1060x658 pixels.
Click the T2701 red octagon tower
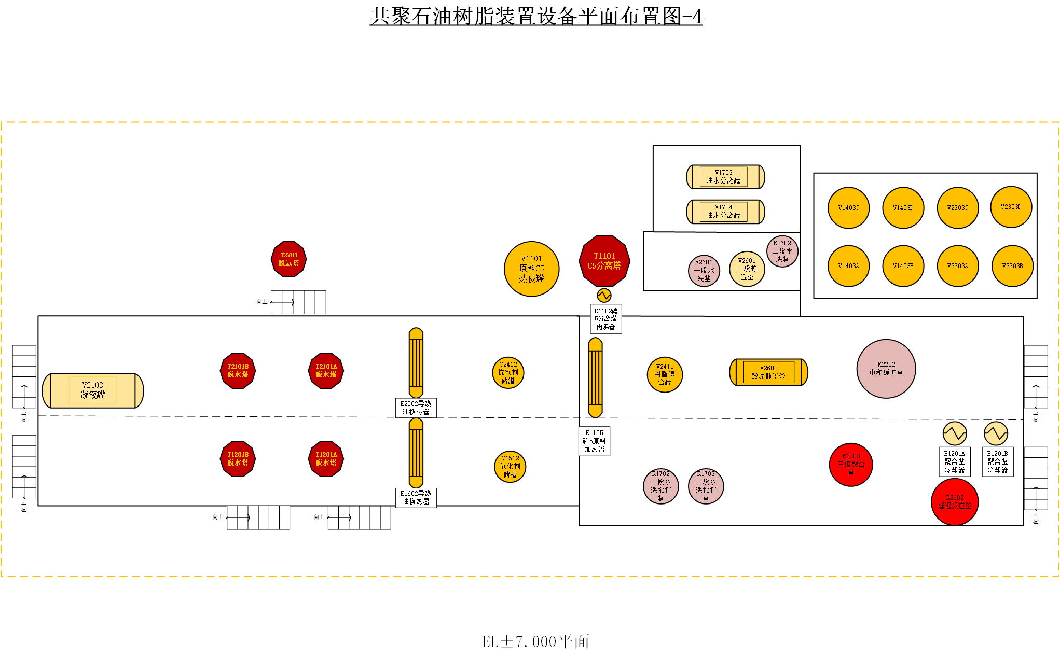pos(289,259)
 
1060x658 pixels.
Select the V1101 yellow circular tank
pos(531,269)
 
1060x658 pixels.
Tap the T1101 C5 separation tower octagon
pos(604,261)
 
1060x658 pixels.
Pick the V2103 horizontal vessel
pos(93,390)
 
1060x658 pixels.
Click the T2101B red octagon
pos(238,371)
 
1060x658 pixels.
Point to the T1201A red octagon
pos(326,459)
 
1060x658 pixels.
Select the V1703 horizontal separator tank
pos(725,177)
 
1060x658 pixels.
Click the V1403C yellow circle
pos(848,208)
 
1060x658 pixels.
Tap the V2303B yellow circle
pos(1012,266)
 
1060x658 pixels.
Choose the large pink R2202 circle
pos(886,369)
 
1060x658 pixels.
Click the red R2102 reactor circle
pos(954,502)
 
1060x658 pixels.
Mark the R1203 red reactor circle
pos(851,465)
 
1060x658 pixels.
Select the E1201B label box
pos(997,461)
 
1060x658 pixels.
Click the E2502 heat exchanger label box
pos(416,408)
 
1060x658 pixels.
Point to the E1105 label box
pos(594,441)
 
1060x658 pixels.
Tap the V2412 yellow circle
pos(508,373)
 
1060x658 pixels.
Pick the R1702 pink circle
pos(660,486)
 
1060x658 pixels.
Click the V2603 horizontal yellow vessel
pos(768,372)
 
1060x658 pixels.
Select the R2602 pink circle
pos(782,251)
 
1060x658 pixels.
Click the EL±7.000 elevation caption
pos(535,642)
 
